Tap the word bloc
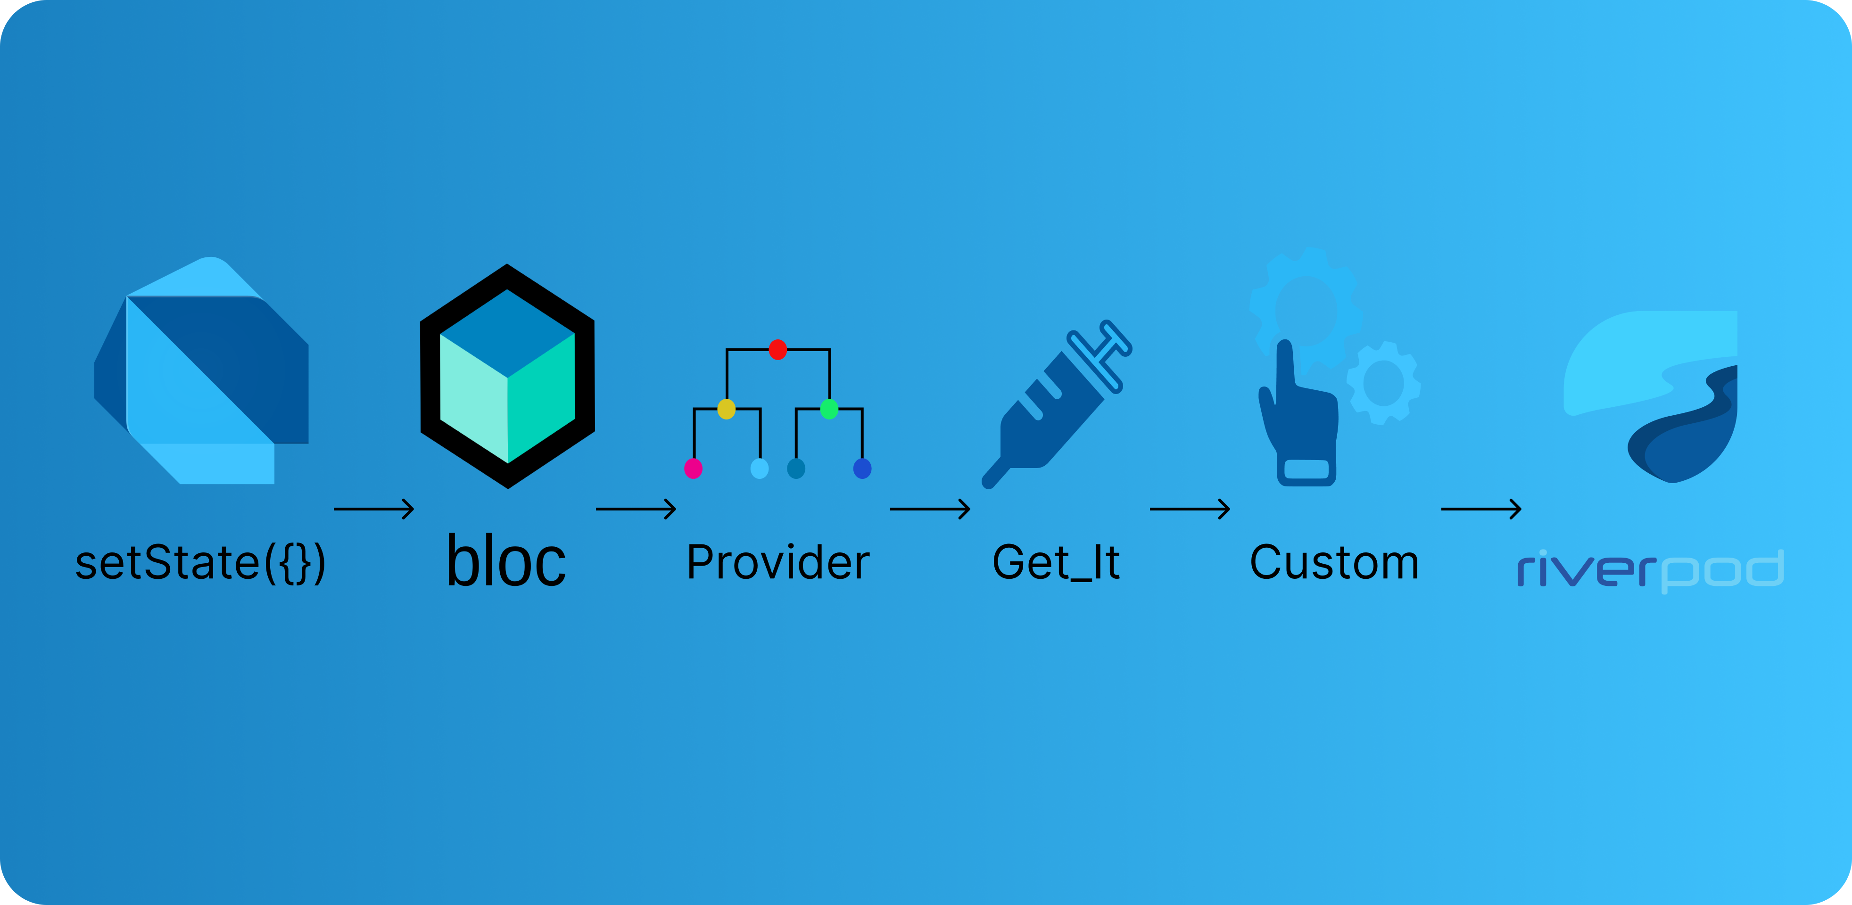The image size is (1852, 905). [x=506, y=561]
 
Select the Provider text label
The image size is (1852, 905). [x=778, y=562]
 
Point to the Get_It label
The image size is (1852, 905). [x=1055, y=563]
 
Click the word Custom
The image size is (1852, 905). [x=1334, y=562]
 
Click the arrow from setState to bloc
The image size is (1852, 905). [x=374, y=509]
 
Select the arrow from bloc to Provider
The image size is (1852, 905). [x=636, y=509]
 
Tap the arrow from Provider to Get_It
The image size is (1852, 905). [x=930, y=509]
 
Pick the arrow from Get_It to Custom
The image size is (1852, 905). [x=1190, y=509]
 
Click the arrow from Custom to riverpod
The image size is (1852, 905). [x=1481, y=509]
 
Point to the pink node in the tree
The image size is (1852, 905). [x=693, y=469]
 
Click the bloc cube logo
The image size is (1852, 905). [x=508, y=376]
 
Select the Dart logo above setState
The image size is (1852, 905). [x=201, y=370]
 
